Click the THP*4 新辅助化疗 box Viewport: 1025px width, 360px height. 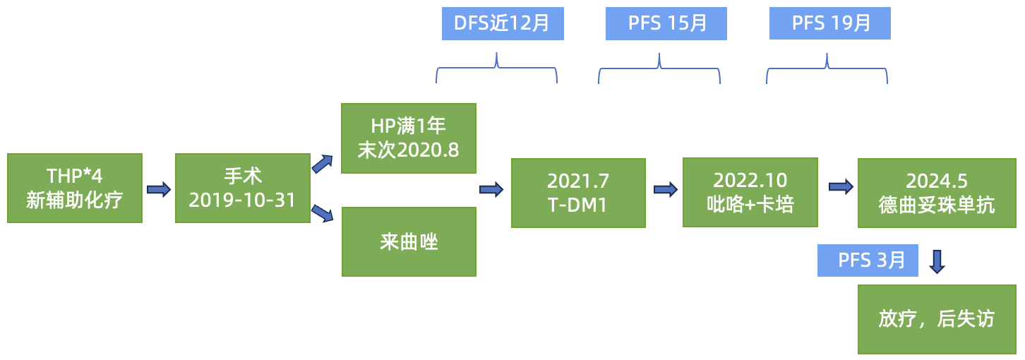(x=75, y=188)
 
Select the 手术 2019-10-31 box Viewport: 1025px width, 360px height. (x=242, y=188)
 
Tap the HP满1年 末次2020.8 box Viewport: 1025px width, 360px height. (x=409, y=138)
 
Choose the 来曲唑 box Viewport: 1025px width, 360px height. (x=409, y=241)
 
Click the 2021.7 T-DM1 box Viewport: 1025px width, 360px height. (x=578, y=193)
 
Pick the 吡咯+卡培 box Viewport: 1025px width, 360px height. (x=750, y=192)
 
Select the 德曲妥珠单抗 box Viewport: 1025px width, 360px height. (x=937, y=193)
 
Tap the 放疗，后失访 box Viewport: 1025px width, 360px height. (x=937, y=319)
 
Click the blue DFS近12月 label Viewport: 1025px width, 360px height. (x=503, y=23)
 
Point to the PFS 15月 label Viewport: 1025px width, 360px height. (x=666, y=23)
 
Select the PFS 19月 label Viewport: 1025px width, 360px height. (x=830, y=23)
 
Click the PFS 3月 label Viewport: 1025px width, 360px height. (x=868, y=260)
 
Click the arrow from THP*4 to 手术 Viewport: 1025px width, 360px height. (x=159, y=189)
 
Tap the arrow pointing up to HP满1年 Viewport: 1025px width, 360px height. (x=323, y=164)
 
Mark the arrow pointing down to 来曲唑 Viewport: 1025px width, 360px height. (x=323, y=213)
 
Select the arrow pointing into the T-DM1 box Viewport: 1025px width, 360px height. (x=491, y=189)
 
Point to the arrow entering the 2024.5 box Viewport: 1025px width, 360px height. (x=840, y=187)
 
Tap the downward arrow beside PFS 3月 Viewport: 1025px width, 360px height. (x=937, y=260)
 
